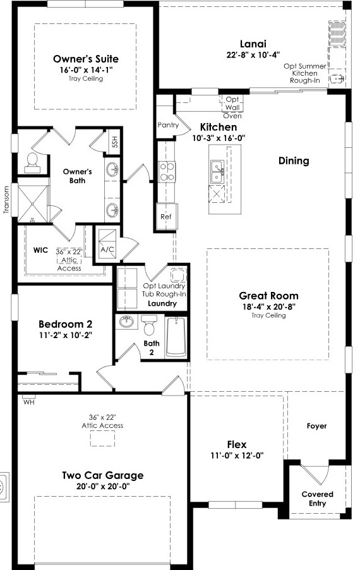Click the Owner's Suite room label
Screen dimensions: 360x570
86,59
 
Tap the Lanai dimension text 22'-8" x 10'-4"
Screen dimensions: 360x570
253,55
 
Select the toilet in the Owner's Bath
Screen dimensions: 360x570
32,162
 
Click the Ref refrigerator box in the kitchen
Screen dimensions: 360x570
166,216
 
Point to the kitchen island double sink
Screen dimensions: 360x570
217,172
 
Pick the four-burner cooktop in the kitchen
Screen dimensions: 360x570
167,172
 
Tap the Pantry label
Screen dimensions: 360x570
168,125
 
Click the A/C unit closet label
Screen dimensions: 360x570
107,250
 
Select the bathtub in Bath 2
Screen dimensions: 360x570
176,337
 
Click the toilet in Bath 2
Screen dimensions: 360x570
148,325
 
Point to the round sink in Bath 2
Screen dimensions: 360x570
126,322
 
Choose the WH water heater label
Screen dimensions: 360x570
28,403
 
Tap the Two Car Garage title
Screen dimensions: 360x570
103,475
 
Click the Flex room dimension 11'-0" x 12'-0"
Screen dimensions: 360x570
237,456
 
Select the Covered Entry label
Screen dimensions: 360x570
318,499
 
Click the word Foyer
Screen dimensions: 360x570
317,426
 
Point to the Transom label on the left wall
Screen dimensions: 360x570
6,200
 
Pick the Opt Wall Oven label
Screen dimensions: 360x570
232,107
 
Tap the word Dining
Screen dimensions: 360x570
294,161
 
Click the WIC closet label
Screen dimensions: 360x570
40,250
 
